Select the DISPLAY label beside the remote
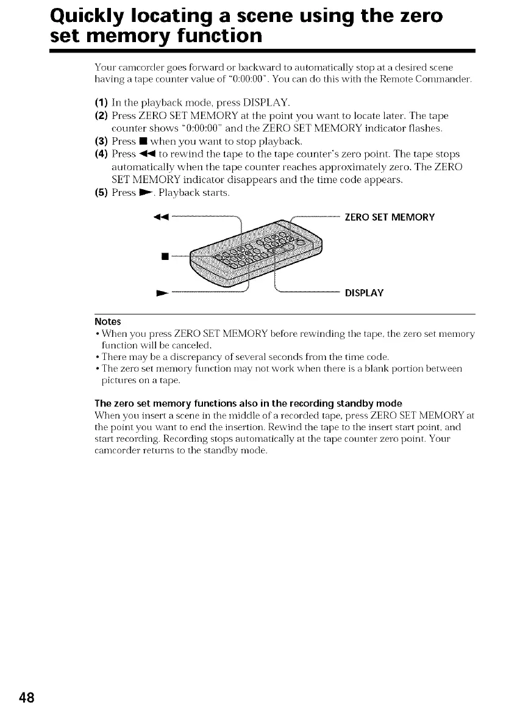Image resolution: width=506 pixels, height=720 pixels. coord(364,293)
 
